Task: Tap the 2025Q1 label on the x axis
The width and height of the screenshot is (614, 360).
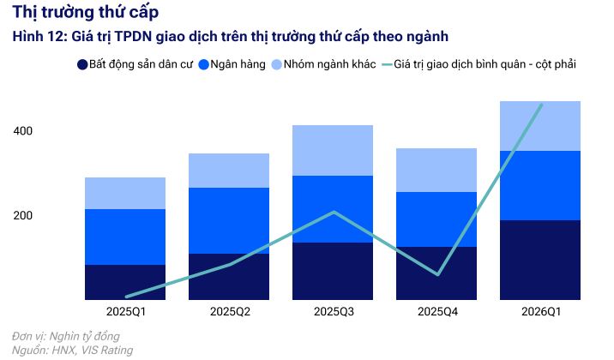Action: [125, 311]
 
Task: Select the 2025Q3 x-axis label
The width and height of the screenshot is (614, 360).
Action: [332, 311]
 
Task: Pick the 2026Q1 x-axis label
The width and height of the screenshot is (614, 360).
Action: [540, 311]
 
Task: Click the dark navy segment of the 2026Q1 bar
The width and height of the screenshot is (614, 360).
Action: [540, 260]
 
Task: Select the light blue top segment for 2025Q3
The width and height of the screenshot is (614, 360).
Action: [333, 150]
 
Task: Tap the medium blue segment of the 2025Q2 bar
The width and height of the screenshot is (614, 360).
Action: [229, 220]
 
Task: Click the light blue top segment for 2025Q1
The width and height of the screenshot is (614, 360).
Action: [125, 193]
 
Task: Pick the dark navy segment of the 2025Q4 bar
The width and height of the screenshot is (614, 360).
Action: [436, 273]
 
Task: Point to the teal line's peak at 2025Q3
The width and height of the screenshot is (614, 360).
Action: [333, 212]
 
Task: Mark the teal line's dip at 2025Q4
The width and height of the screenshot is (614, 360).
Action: [436, 274]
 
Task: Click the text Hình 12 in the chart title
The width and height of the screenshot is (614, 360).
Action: [34, 37]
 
